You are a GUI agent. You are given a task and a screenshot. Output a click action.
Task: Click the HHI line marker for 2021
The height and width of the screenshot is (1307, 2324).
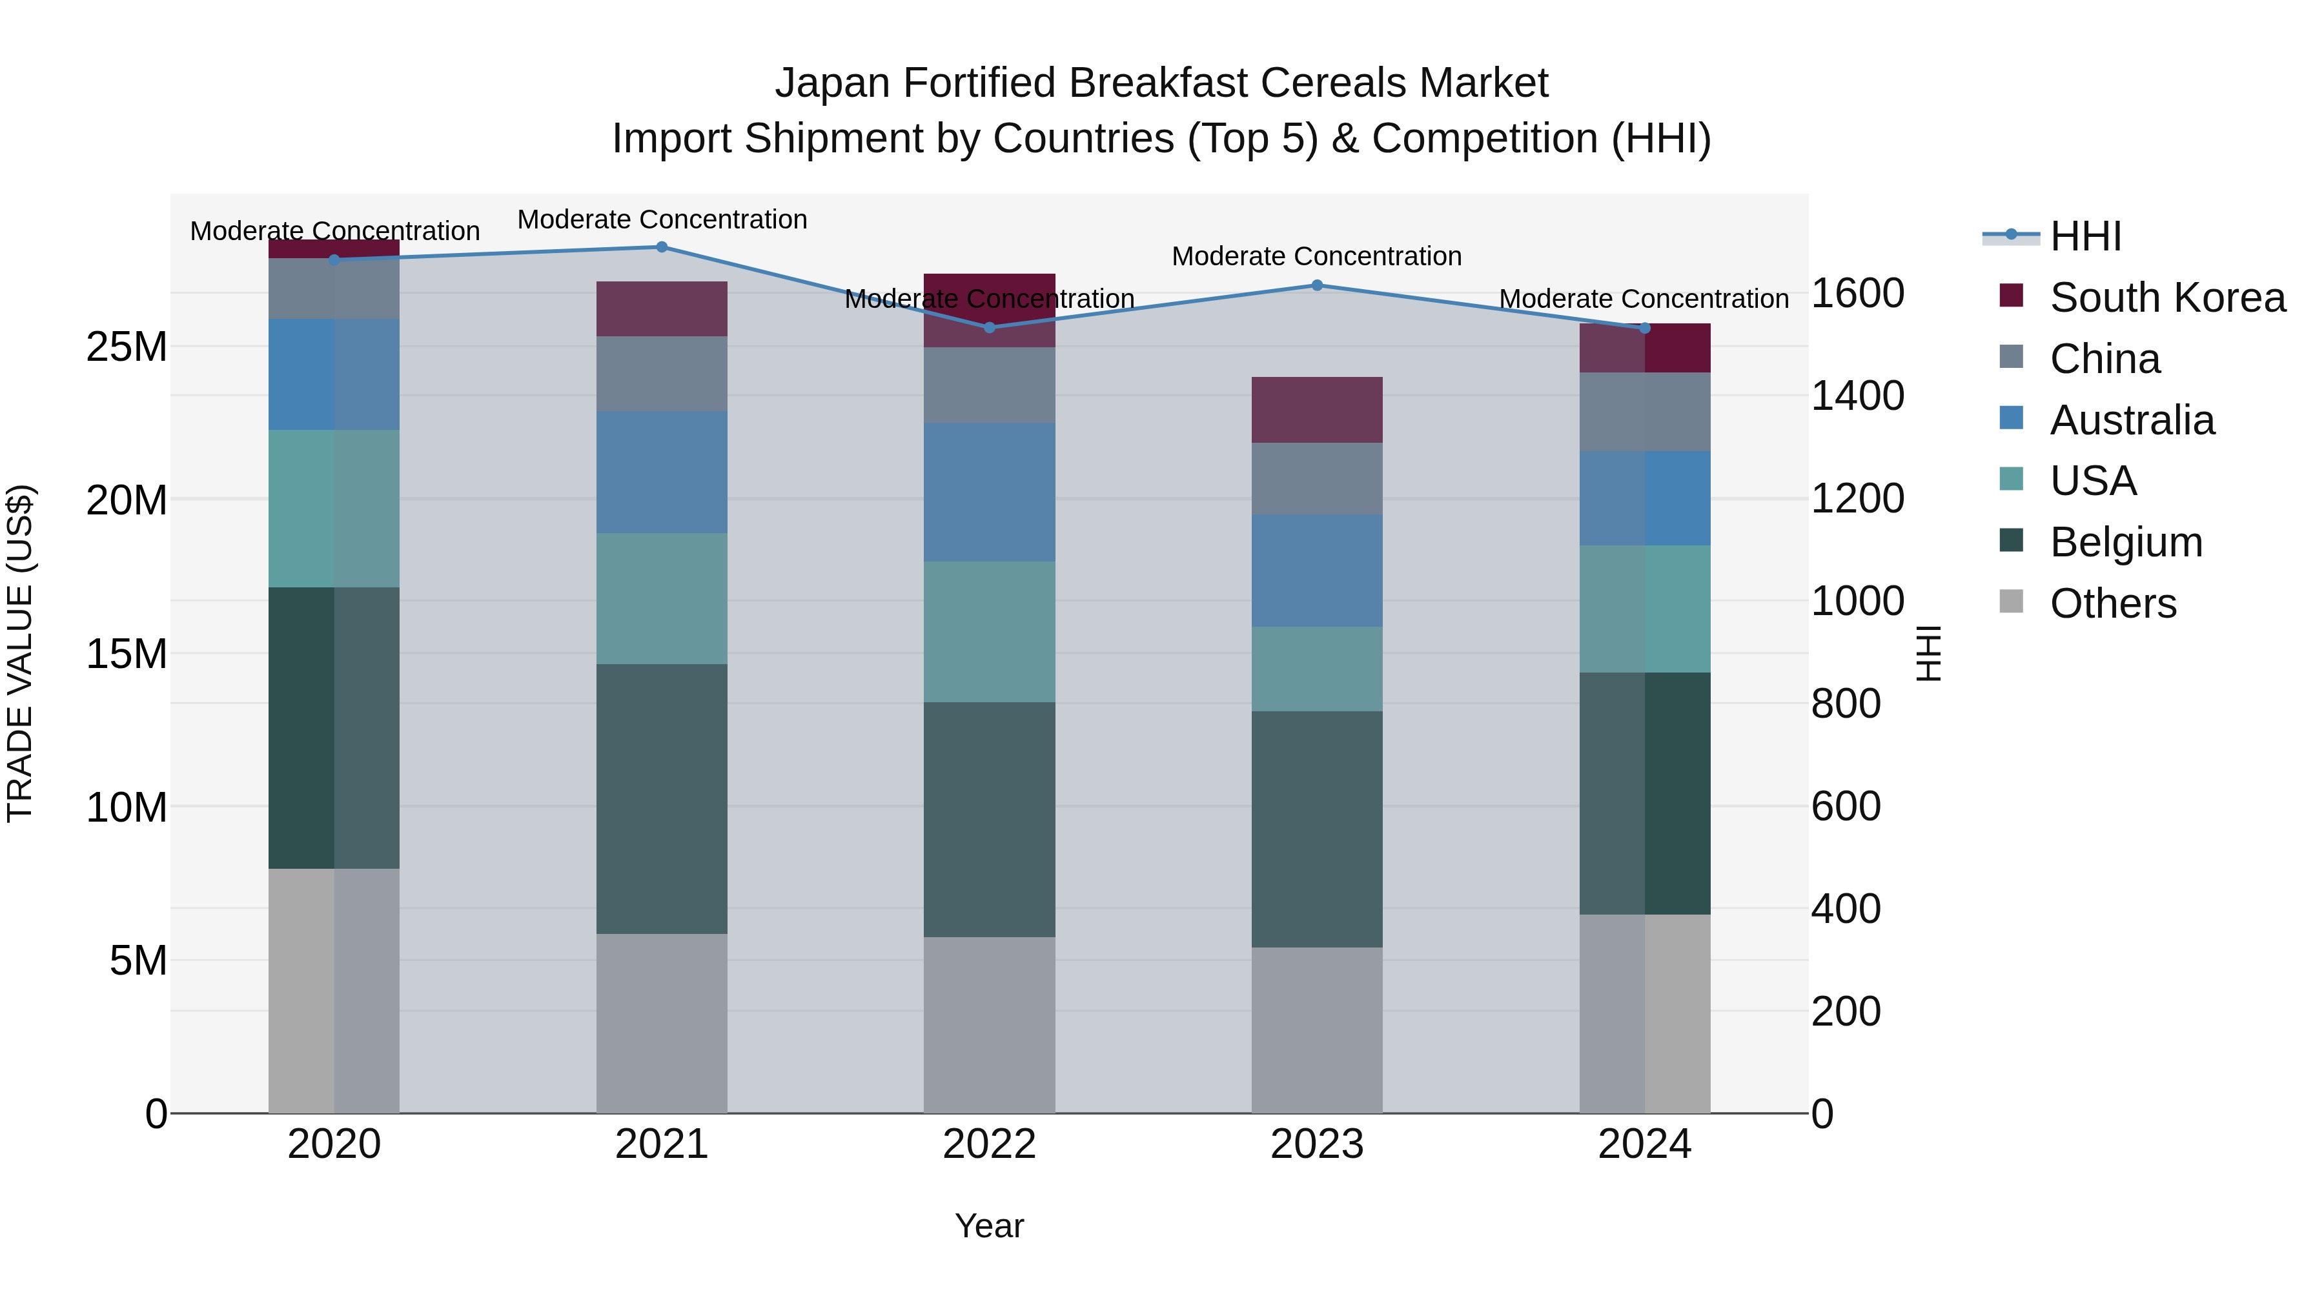coord(661,247)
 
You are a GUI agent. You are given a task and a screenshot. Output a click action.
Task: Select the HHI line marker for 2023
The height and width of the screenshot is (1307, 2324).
coord(1316,285)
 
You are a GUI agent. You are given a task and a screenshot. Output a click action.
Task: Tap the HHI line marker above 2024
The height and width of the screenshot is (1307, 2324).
coord(1644,329)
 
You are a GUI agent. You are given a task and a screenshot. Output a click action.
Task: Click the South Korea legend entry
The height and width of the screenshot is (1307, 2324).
coord(2166,298)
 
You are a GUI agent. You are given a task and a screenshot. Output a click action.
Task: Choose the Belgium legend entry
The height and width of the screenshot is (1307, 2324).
coord(2126,542)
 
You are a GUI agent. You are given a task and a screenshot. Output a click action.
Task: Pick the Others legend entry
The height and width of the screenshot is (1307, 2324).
coord(2112,603)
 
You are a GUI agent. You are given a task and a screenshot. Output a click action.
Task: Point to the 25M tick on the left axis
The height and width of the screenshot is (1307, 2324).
coord(127,347)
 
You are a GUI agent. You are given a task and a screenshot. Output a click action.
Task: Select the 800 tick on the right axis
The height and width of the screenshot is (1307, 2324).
coord(1845,704)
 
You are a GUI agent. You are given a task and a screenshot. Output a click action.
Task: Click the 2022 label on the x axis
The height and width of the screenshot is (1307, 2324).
coord(989,1144)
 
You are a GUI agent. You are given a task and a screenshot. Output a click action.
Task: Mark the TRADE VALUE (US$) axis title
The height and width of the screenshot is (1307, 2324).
coord(20,653)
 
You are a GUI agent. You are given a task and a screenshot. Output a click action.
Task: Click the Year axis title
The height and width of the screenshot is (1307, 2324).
coord(989,1226)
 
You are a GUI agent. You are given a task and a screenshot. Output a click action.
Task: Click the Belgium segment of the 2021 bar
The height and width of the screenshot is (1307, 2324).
coord(661,798)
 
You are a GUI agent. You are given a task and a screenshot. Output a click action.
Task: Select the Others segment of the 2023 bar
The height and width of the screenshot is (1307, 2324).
coord(1316,1029)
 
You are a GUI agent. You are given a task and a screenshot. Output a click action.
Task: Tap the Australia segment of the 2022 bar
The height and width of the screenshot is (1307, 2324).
coord(989,492)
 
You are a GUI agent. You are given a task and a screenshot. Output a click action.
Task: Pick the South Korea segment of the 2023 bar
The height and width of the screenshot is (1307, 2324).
coord(1316,409)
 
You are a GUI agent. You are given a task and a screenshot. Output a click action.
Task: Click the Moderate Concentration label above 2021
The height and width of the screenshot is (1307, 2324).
coord(661,219)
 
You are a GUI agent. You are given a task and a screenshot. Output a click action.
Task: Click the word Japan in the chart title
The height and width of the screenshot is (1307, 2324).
coord(833,83)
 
